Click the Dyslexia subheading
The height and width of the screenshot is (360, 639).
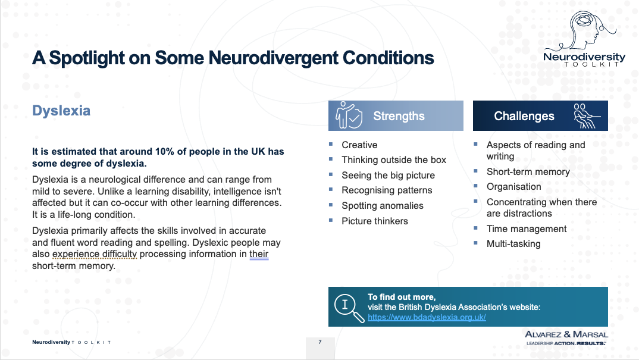pos(61,111)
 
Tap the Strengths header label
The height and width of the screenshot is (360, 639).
pos(399,116)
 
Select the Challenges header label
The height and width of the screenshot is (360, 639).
pos(524,116)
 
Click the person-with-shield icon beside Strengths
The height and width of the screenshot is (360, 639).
pos(348,115)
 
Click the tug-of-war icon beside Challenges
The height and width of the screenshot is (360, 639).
pos(587,115)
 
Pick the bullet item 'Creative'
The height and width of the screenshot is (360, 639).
pos(359,145)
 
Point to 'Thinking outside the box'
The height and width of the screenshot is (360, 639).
pos(393,159)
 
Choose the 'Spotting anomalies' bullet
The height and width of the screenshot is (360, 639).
pos(382,205)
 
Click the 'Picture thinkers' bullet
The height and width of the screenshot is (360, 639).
pos(374,221)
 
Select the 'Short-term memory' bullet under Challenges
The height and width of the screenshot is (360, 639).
pos(528,171)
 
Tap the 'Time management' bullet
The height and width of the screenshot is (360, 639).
pos(526,228)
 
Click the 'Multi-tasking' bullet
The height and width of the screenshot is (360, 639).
pos(513,243)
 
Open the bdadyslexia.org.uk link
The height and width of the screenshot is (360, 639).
pos(427,317)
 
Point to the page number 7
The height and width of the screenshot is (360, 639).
pos(320,342)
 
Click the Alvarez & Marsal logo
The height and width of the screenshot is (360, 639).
pos(566,337)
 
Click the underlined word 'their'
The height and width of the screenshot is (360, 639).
pos(259,254)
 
